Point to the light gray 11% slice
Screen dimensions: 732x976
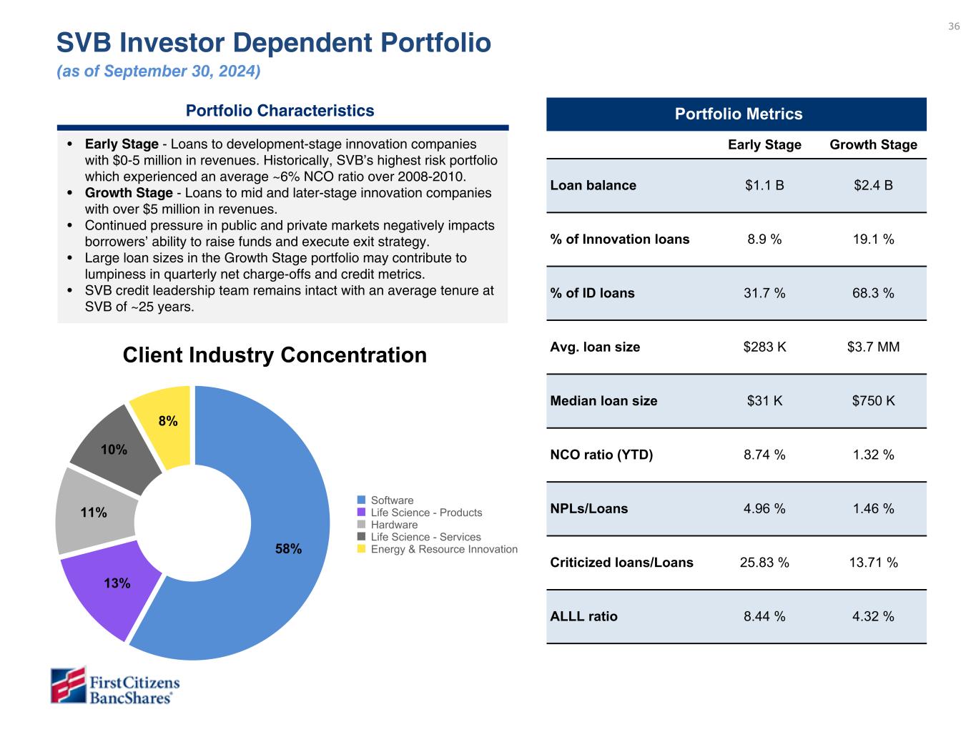(x=93, y=512)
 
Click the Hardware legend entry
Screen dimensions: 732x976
(x=393, y=525)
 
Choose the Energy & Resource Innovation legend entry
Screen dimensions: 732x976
(x=443, y=549)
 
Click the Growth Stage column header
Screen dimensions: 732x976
(x=873, y=144)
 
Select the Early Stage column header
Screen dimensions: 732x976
(x=764, y=144)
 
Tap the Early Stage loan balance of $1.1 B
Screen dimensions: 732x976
(x=764, y=185)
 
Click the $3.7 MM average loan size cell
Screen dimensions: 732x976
(x=873, y=347)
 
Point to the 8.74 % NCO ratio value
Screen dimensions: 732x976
(x=764, y=455)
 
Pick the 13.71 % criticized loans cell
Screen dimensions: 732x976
(x=873, y=563)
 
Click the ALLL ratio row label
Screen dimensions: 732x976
(x=583, y=616)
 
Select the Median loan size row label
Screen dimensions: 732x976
(x=603, y=401)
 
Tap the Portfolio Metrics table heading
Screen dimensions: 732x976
(x=739, y=114)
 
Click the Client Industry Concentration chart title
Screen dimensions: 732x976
(x=275, y=355)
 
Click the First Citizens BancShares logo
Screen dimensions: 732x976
(x=114, y=686)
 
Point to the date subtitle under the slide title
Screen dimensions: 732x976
(x=158, y=71)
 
